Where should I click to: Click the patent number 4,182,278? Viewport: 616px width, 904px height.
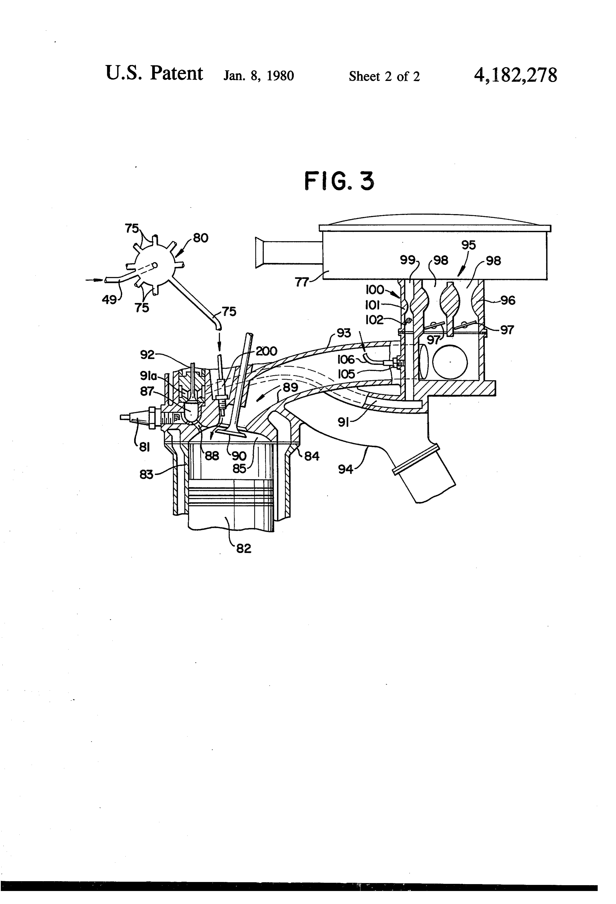tap(515, 75)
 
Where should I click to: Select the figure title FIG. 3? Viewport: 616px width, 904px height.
tap(339, 181)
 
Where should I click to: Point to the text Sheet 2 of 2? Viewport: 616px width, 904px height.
tap(384, 76)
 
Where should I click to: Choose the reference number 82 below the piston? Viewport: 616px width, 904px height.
tap(244, 549)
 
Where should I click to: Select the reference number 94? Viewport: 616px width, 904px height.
tap(345, 470)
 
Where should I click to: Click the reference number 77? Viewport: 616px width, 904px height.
tap(302, 282)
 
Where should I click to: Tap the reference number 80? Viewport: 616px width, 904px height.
tap(200, 238)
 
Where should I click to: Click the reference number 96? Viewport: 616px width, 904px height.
tap(508, 300)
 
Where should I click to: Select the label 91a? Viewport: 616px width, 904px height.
tap(148, 376)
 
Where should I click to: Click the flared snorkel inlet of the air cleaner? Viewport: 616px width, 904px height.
tap(260, 253)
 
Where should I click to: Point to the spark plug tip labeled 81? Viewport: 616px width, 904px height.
tap(124, 417)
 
